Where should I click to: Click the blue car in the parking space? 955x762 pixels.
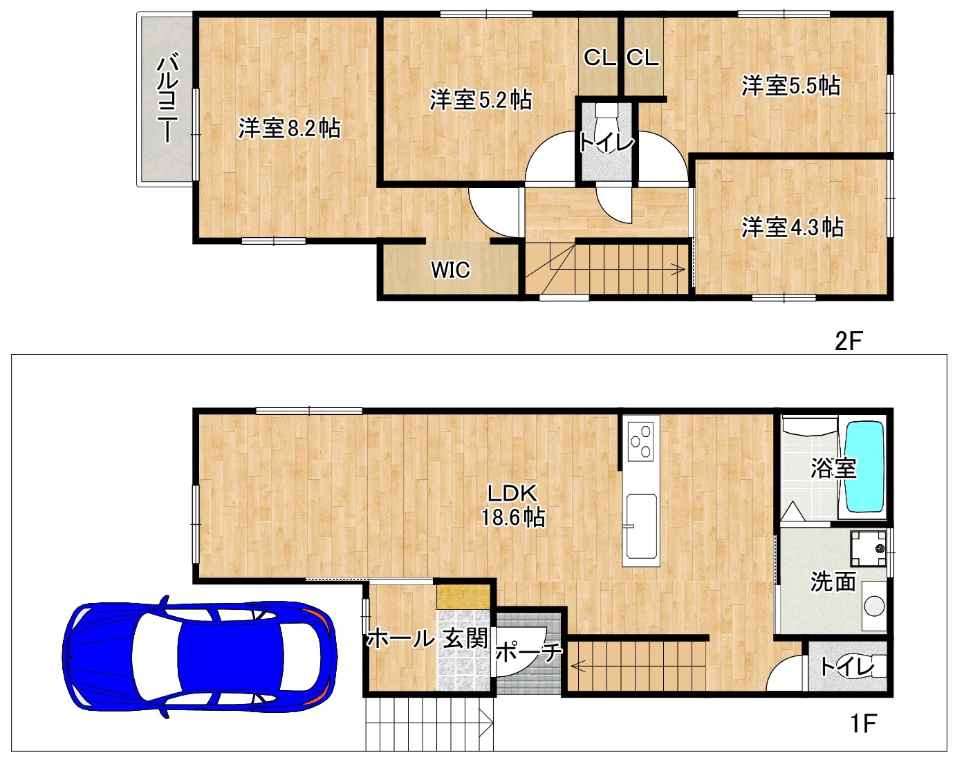pos(200,656)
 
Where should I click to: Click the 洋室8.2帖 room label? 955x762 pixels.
pos(289,128)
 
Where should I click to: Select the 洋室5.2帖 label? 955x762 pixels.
pos(481,100)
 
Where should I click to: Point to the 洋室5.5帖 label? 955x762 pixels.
pos(791,85)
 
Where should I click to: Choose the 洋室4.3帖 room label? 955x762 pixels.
pos(792,227)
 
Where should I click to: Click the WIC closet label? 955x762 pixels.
pos(450,270)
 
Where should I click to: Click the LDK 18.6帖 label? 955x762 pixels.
pos(513,505)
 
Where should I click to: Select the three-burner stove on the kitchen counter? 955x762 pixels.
pos(640,441)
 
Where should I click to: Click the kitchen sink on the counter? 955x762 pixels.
pos(641,526)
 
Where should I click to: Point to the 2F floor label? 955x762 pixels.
pos(848,341)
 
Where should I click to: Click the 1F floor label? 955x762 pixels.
pos(863,723)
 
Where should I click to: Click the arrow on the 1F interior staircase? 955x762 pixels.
pos(579,666)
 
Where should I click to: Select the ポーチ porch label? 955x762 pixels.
pos(528,652)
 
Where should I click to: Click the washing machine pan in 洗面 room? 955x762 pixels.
pos(868,548)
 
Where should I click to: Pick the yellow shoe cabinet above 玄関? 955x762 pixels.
pos(463,597)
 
